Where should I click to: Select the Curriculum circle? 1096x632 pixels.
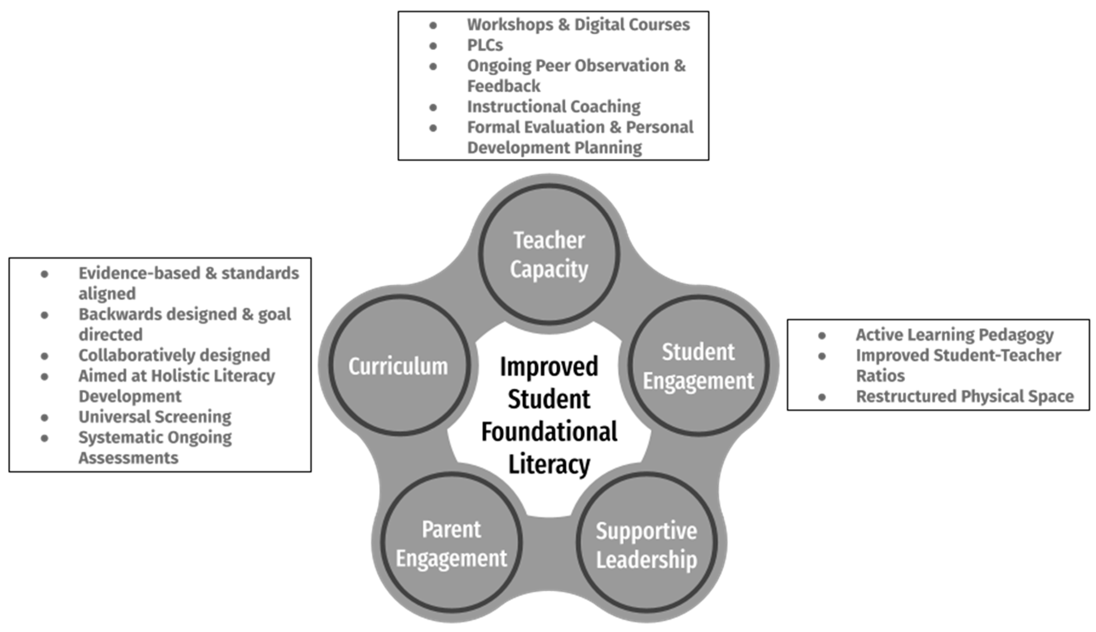[399, 366]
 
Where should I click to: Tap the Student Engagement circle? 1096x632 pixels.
[698, 366]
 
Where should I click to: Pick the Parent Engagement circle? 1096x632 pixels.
[452, 543]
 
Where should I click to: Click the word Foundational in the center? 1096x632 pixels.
[549, 432]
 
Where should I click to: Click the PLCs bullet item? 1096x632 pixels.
[485, 45]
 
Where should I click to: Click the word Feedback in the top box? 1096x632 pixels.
[504, 86]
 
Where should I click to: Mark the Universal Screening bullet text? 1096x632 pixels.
[155, 417]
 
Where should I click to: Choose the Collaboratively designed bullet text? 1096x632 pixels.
[174, 355]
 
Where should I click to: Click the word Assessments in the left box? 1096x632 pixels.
[128, 458]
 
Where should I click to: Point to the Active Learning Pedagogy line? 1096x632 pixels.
[954, 335]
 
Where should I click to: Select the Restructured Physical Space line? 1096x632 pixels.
[964, 396]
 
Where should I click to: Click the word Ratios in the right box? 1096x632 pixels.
[880, 376]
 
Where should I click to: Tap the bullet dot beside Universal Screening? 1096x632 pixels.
[44, 418]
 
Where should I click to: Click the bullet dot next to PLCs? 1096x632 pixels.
[433, 46]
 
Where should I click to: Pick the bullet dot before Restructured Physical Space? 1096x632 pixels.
[822, 397]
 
